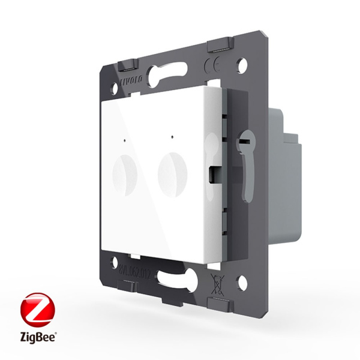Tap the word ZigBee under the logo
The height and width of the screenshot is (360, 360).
pyautogui.click(x=35, y=342)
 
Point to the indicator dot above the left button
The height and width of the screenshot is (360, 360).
pyautogui.click(x=125, y=142)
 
